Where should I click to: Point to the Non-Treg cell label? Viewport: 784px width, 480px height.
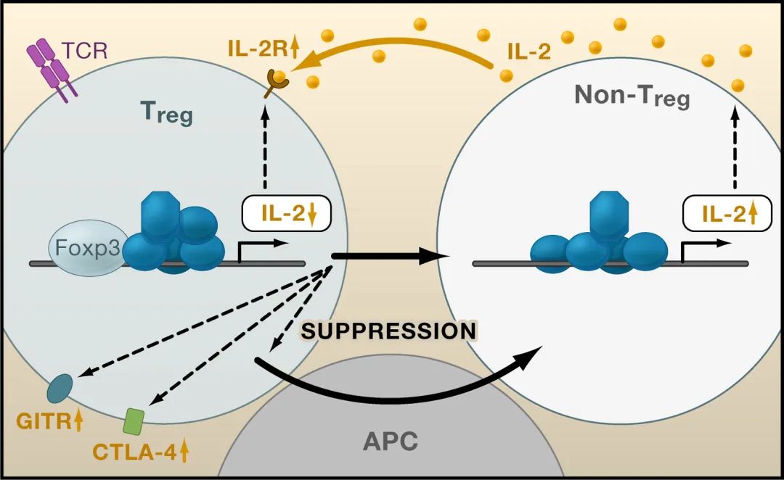pyautogui.click(x=632, y=96)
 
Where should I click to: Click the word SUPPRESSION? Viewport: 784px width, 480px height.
pyautogui.click(x=388, y=331)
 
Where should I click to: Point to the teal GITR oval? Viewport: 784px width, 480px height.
pyautogui.click(x=60, y=389)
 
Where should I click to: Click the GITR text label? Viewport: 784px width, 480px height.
pyautogui.click(x=42, y=421)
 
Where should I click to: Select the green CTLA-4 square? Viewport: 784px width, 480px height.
pyautogui.click(x=134, y=419)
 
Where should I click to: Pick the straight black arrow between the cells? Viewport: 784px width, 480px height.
pyautogui.click(x=385, y=256)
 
